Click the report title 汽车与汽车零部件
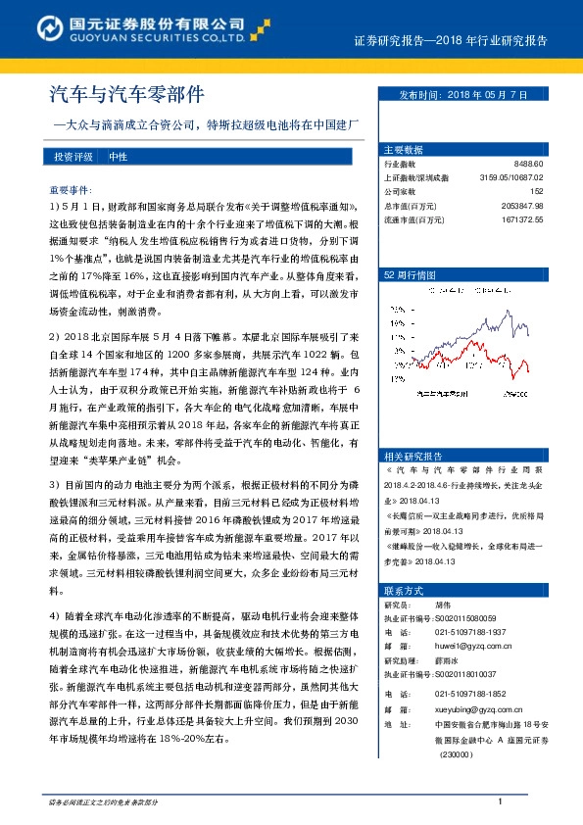click(x=127, y=95)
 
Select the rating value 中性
click(x=118, y=156)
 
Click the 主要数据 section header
click(x=403, y=150)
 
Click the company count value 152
click(x=536, y=191)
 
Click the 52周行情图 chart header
click(x=409, y=276)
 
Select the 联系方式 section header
click(x=403, y=591)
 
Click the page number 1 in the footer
click(x=500, y=802)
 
